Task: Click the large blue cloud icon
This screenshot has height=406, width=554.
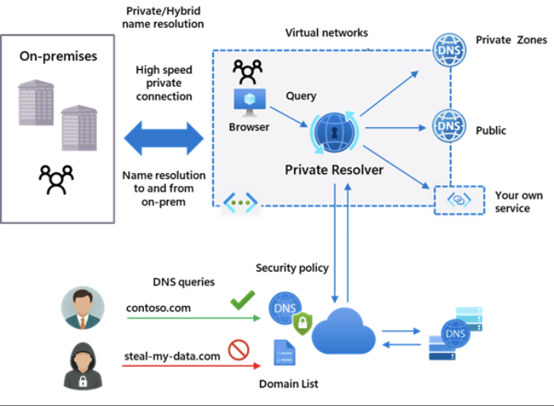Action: (x=343, y=333)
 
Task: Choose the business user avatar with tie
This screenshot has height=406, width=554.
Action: (x=82, y=307)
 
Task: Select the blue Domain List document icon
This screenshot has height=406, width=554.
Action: (x=284, y=353)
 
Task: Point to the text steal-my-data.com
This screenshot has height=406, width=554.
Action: (x=172, y=356)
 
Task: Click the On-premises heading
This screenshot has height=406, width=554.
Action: (x=58, y=57)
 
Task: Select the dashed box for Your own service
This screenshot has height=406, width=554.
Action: (x=459, y=200)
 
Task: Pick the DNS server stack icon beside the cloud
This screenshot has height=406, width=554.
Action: (x=452, y=335)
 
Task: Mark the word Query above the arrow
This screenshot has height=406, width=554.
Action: (x=300, y=96)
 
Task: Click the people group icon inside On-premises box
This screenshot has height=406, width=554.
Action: (x=56, y=180)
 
